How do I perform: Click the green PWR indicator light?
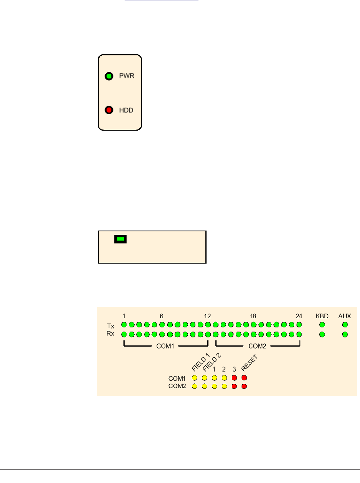click(x=109, y=76)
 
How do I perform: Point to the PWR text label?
click(x=126, y=76)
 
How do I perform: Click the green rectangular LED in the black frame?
click(x=121, y=239)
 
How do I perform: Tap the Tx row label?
click(x=111, y=325)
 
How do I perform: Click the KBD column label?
click(x=322, y=316)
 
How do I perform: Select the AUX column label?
click(x=345, y=316)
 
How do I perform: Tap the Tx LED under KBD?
click(x=322, y=325)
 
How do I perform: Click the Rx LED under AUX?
click(x=345, y=334)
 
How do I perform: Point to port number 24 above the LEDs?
click(x=299, y=316)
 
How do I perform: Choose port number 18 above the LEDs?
click(x=253, y=316)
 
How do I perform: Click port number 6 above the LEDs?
click(x=162, y=316)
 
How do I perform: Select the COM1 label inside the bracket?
click(x=165, y=346)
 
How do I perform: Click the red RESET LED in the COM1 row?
click(x=244, y=378)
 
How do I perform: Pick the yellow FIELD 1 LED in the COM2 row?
click(x=195, y=386)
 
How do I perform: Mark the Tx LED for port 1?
click(x=124, y=325)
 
